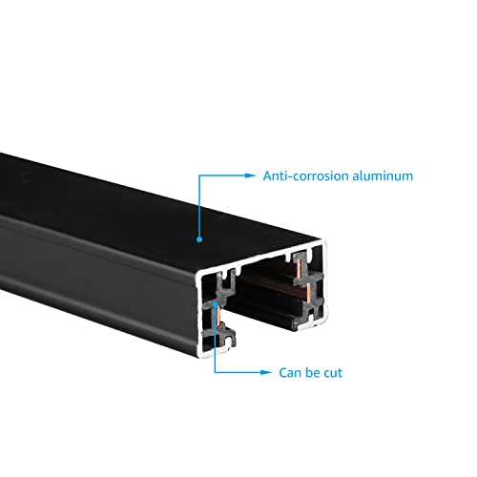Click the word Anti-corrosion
point(305,176)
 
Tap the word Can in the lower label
point(289,373)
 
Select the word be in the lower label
point(312,373)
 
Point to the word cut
point(333,373)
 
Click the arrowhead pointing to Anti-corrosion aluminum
point(250,176)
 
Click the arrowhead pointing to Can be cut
point(266,372)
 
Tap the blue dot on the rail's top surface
point(199,239)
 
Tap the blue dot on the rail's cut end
point(216,304)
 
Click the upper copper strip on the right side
point(300,268)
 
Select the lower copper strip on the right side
point(309,293)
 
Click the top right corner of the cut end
point(325,241)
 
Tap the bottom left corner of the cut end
point(199,357)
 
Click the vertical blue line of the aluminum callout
point(199,206)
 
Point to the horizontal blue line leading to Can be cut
point(238,372)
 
